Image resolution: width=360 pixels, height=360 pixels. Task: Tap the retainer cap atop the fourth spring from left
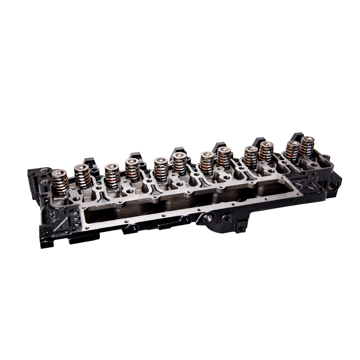pos(130,162)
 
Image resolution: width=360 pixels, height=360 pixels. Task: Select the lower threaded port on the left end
pos(45,182)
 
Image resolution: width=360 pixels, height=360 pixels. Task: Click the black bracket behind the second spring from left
pos(88,162)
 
